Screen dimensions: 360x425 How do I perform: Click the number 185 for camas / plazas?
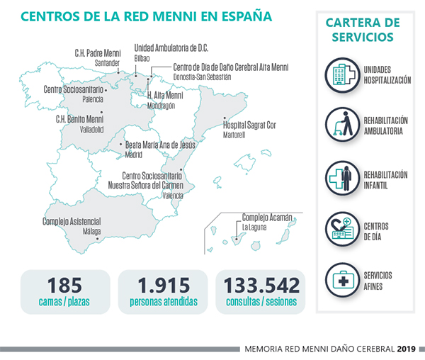tap(64, 286)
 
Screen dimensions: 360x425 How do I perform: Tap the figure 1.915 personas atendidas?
tap(163, 286)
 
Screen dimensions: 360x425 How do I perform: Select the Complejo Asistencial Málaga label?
tap(71, 222)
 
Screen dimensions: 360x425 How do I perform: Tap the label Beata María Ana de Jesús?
tap(159, 145)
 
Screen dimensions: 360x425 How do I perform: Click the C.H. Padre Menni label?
tap(98, 52)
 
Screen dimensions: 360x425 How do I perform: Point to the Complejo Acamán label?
tap(266, 218)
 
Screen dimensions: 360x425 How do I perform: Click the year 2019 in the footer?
tap(407, 349)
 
